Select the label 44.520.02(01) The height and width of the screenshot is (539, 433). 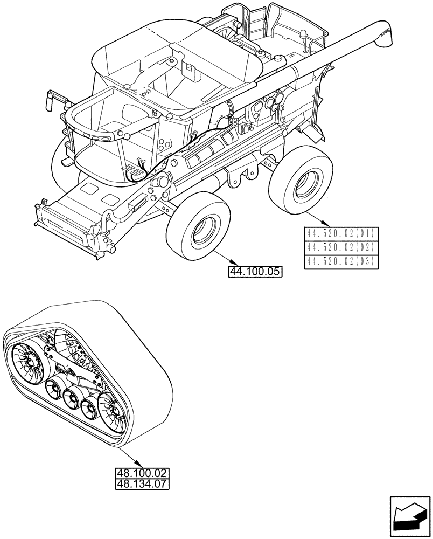point(341,234)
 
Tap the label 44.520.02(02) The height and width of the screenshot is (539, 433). point(341,248)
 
